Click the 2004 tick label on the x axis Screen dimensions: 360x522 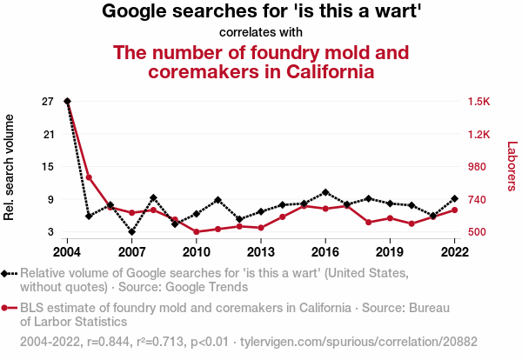point(67,252)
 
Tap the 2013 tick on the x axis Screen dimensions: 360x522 point(260,252)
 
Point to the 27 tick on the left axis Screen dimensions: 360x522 point(47,101)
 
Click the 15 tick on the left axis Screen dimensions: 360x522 point(47,167)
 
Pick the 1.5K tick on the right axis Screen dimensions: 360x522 point(479,101)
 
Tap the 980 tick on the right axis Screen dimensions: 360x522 point(478,167)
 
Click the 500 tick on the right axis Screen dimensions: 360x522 point(478,232)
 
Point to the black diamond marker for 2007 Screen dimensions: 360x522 point(131,232)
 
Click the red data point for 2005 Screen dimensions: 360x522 point(89,177)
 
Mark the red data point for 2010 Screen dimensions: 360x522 point(197,231)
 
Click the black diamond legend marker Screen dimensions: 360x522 point(7,274)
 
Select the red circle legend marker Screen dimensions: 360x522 point(7,309)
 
